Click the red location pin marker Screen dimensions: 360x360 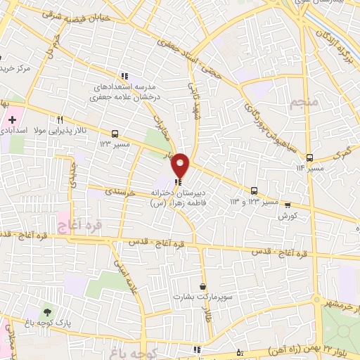(x=181, y=165)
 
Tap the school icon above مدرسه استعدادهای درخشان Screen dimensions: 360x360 (x=124, y=76)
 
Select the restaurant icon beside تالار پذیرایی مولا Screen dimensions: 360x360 (x=60, y=120)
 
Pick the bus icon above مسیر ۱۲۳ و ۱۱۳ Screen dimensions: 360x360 (x=254, y=191)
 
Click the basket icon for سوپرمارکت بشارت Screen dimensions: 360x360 (x=203, y=286)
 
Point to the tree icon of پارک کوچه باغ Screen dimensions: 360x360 (x=47, y=311)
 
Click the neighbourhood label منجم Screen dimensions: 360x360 (x=304, y=103)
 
